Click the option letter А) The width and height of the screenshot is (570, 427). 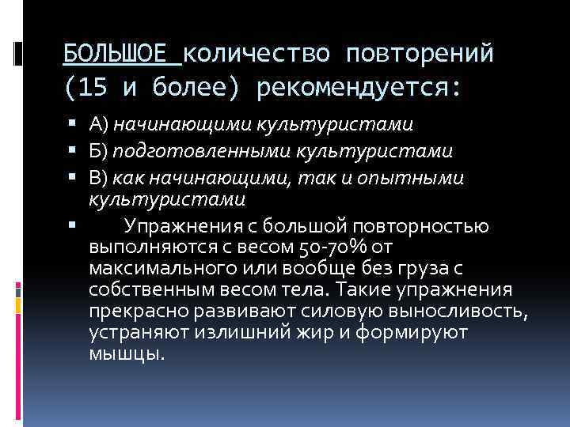[x=99, y=124]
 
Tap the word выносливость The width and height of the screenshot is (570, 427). [x=454, y=309]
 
